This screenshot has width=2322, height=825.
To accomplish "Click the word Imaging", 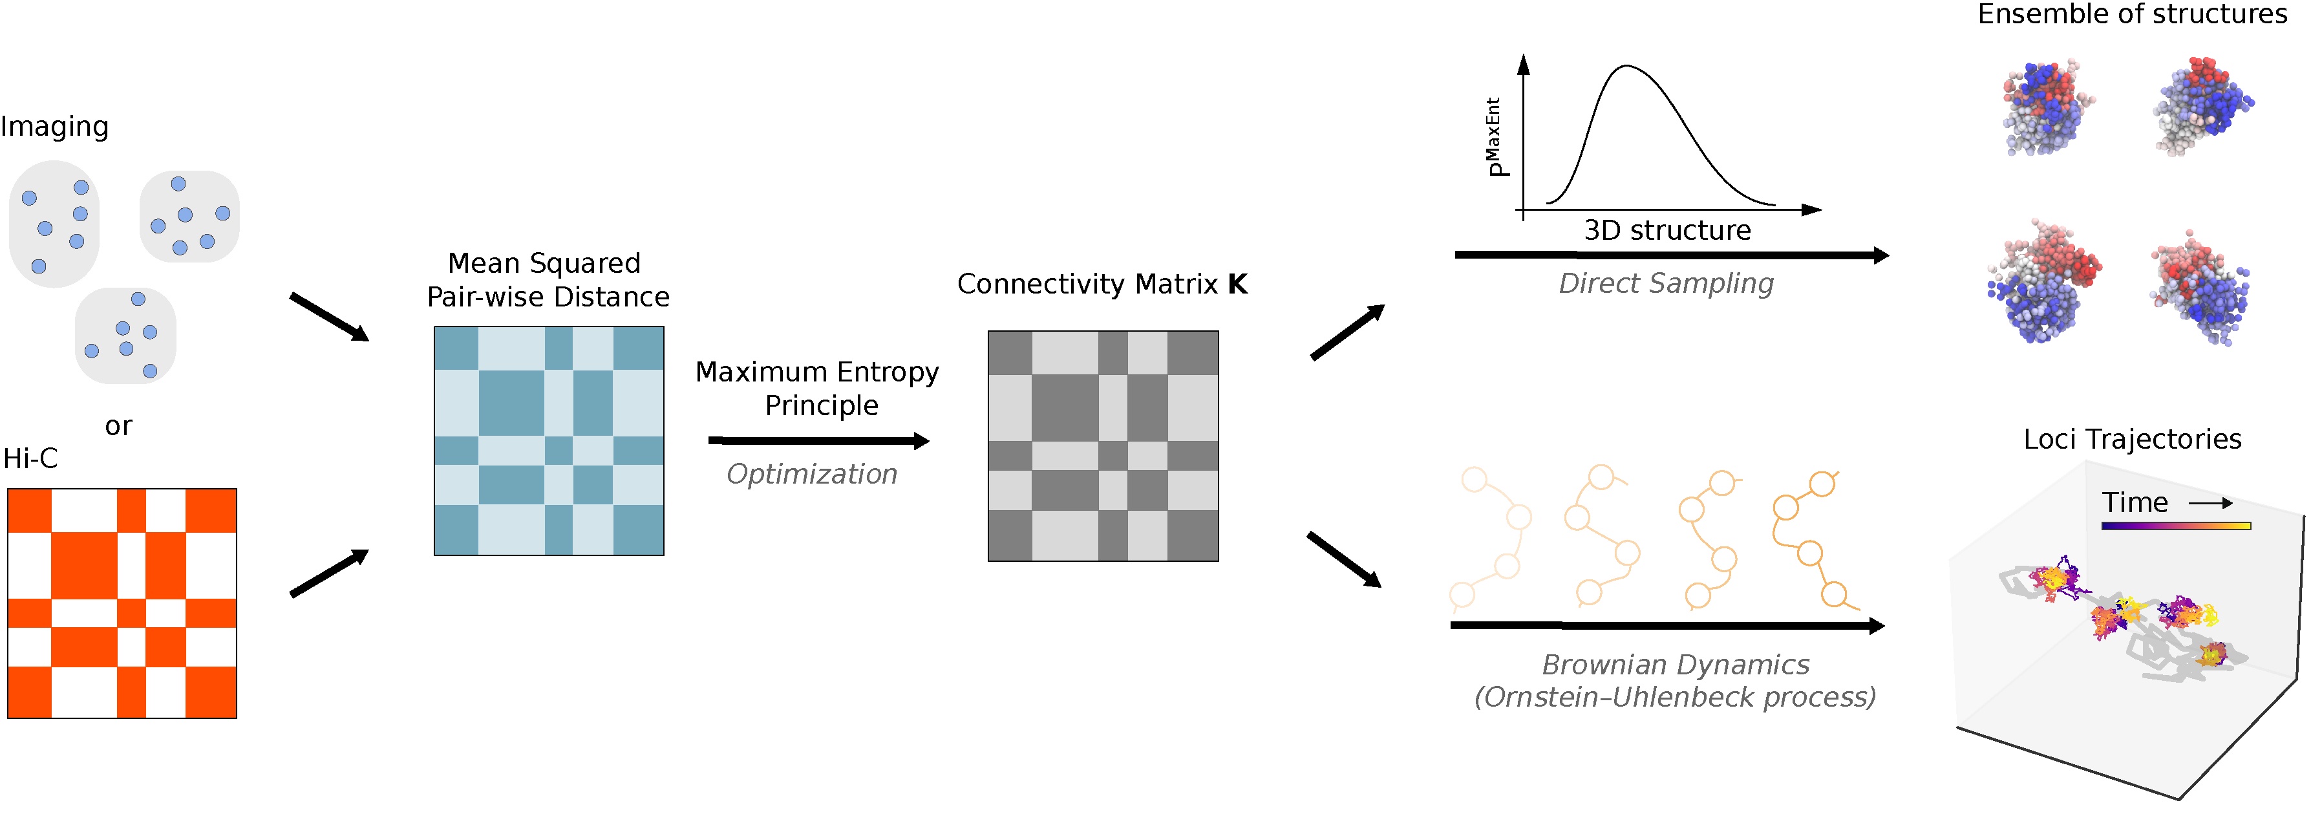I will click(54, 126).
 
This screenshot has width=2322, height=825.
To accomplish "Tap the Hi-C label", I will click(30, 458).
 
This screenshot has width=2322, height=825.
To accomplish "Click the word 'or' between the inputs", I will click(118, 425).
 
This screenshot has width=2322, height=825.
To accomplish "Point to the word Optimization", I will click(811, 475).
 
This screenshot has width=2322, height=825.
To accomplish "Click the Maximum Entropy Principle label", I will click(818, 388).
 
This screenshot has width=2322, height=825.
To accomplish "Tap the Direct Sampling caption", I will click(1666, 283).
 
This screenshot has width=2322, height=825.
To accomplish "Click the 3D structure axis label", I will click(1668, 230).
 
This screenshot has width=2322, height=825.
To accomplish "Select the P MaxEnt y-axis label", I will click(1495, 137).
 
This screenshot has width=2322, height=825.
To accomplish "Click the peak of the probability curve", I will click(1627, 66).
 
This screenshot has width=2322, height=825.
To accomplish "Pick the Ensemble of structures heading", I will click(2132, 14).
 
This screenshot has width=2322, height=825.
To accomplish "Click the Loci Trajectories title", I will click(2132, 439).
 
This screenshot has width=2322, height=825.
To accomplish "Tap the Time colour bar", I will click(2175, 526).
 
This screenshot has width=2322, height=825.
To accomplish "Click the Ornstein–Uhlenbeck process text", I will click(1675, 697).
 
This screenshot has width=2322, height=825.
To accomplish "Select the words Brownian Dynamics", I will click(1675, 665).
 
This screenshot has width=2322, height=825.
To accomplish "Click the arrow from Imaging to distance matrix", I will click(329, 316).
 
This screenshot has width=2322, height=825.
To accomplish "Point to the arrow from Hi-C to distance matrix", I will click(329, 573).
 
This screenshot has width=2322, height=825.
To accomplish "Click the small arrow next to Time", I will click(2210, 503).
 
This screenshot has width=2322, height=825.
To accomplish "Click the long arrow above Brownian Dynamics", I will click(1668, 625).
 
